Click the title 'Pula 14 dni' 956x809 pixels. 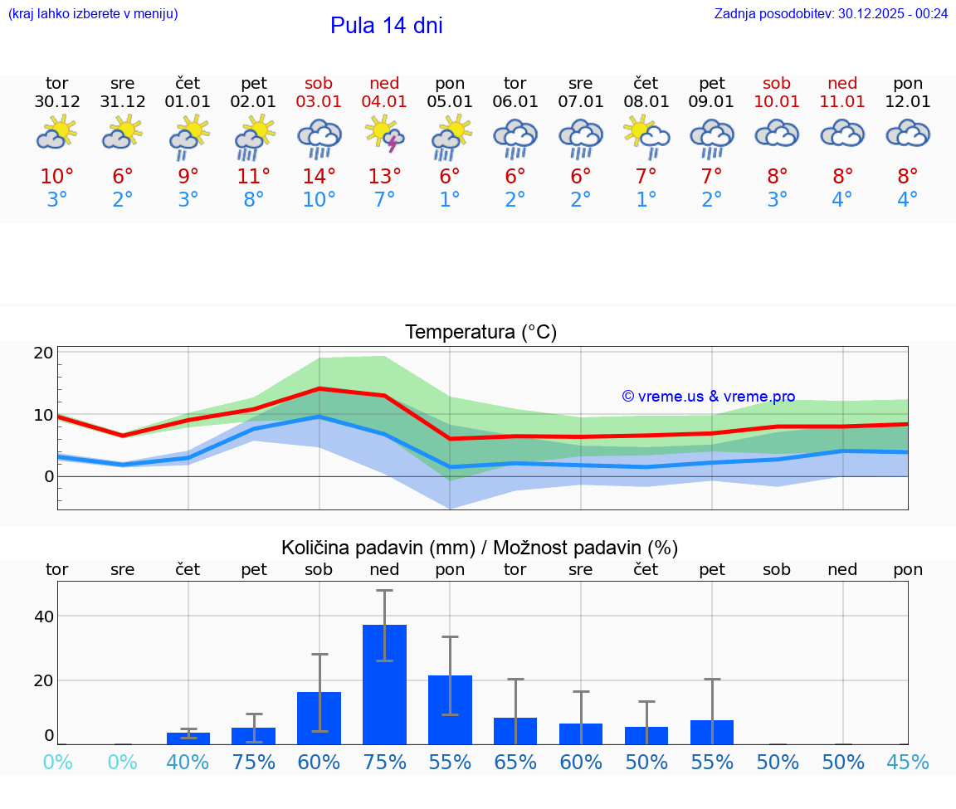tap(386, 26)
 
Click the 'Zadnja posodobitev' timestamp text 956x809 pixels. tap(831, 13)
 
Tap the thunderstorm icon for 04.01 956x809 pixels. tap(384, 134)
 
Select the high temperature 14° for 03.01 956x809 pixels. tap(319, 177)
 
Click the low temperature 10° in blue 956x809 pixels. tap(319, 200)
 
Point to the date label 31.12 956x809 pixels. tap(123, 102)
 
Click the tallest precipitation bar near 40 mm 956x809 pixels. tap(384, 684)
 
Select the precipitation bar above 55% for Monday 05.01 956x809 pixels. tap(450, 709)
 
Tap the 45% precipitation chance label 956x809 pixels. tap(908, 762)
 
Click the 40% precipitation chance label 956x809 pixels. tap(188, 762)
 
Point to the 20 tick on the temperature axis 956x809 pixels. tap(43, 353)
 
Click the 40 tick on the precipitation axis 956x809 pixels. tap(43, 616)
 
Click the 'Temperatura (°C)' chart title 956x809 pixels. tap(480, 333)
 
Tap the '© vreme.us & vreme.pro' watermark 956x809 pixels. tap(708, 397)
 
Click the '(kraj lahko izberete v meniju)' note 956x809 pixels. tap(92, 13)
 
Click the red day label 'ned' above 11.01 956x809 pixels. tap(842, 83)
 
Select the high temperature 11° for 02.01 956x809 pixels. tap(253, 177)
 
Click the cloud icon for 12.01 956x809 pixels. tap(908, 133)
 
